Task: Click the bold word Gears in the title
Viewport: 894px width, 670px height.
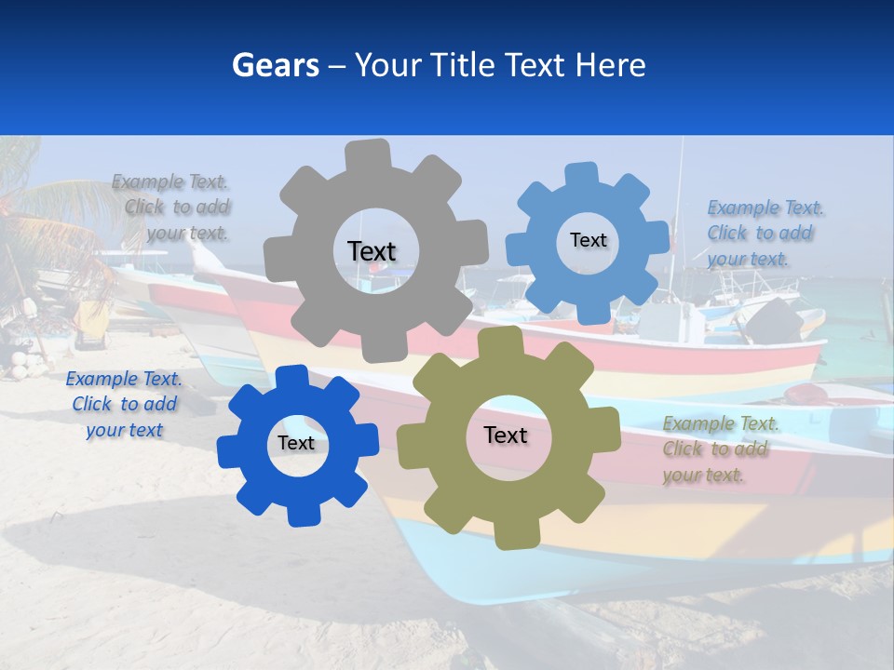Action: point(276,65)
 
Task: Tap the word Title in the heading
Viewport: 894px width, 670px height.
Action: point(464,65)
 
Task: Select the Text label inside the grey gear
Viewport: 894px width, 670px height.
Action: point(372,251)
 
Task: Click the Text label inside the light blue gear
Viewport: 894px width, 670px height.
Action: point(588,240)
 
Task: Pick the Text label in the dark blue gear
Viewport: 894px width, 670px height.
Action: point(296,443)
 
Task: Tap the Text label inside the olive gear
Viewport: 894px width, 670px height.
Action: point(506,435)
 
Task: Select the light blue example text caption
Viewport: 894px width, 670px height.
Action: point(764,233)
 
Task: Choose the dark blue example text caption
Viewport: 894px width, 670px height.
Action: point(124,405)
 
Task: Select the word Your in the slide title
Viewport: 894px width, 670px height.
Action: point(388,65)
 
